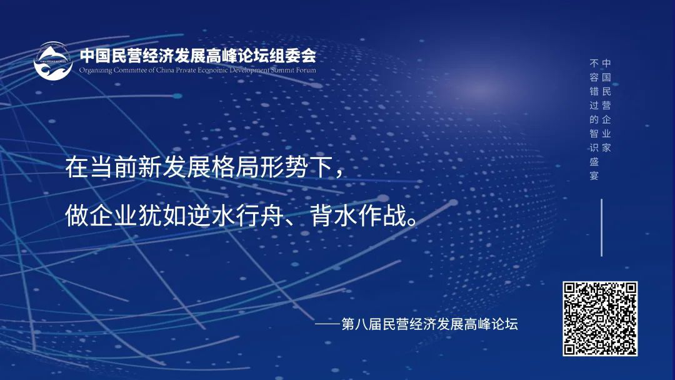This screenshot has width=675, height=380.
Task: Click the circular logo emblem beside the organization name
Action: pos(53,61)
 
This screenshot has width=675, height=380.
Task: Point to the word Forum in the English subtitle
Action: pos(307,70)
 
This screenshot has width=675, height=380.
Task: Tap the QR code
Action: pos(600,318)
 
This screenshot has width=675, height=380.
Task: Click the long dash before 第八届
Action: pos(327,325)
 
